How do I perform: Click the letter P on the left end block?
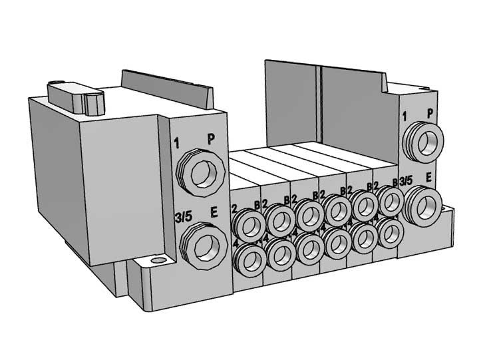click(211, 139)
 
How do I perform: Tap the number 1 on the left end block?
click(177, 142)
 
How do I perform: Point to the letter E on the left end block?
click(214, 213)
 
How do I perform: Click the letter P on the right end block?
click(430, 113)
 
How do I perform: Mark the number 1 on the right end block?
click(405, 117)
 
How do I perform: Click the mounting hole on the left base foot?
click(157, 262)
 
